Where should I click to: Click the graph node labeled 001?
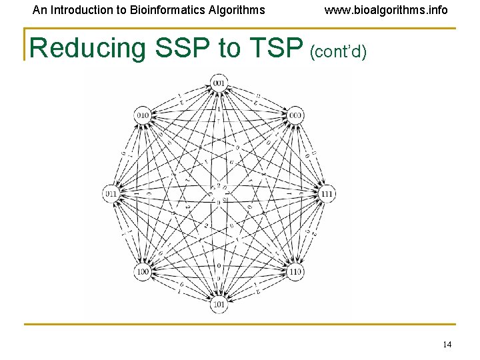(219, 83)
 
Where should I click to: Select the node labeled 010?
(143, 115)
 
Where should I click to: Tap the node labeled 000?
(296, 115)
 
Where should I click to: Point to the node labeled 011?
(111, 193)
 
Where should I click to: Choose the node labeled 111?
(327, 193)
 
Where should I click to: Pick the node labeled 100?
(143, 272)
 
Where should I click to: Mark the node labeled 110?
(296, 272)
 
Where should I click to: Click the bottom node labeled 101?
(219, 305)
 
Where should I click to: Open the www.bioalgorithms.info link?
(386, 10)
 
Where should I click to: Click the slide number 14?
(447, 344)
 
